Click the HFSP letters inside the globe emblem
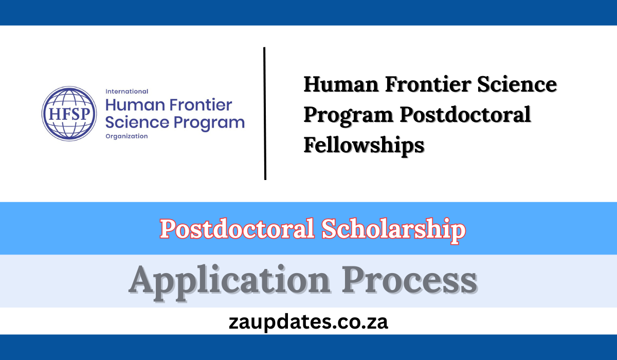coord(69,114)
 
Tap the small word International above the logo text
coord(126,92)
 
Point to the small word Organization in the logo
coord(126,136)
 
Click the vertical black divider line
coord(265,113)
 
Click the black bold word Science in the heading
coord(521,84)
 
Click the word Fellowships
coord(364,145)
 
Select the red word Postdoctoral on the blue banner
coord(237,229)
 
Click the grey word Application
coord(229,281)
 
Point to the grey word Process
coord(410,281)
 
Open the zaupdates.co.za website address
coord(308,322)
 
